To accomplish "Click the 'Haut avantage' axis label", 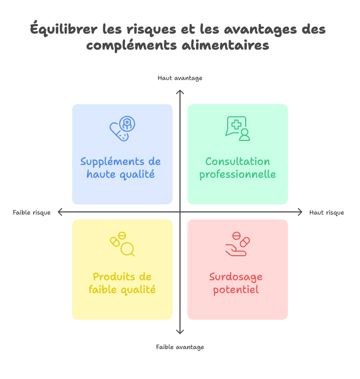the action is pos(180,78).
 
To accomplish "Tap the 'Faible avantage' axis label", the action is pos(180,347).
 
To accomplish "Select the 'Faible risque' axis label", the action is pos(32,212).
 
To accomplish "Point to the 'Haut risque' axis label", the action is pos(326,212).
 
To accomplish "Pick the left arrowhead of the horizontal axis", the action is pos(59,212).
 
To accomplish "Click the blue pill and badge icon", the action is pos(122,128).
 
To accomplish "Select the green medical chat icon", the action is pos(238,128).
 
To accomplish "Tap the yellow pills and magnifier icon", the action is pos(122,243).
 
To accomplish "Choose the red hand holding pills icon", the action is pos(238,243).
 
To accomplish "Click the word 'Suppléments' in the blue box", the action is pos(112,162).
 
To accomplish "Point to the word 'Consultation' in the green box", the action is pos(238,161).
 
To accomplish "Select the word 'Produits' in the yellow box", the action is pos(112,277).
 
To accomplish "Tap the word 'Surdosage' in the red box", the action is pos(236,277).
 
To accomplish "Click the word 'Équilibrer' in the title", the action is pos(64,29).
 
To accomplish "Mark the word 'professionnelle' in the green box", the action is pos(238,175).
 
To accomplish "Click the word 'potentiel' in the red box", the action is pos(236,290).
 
